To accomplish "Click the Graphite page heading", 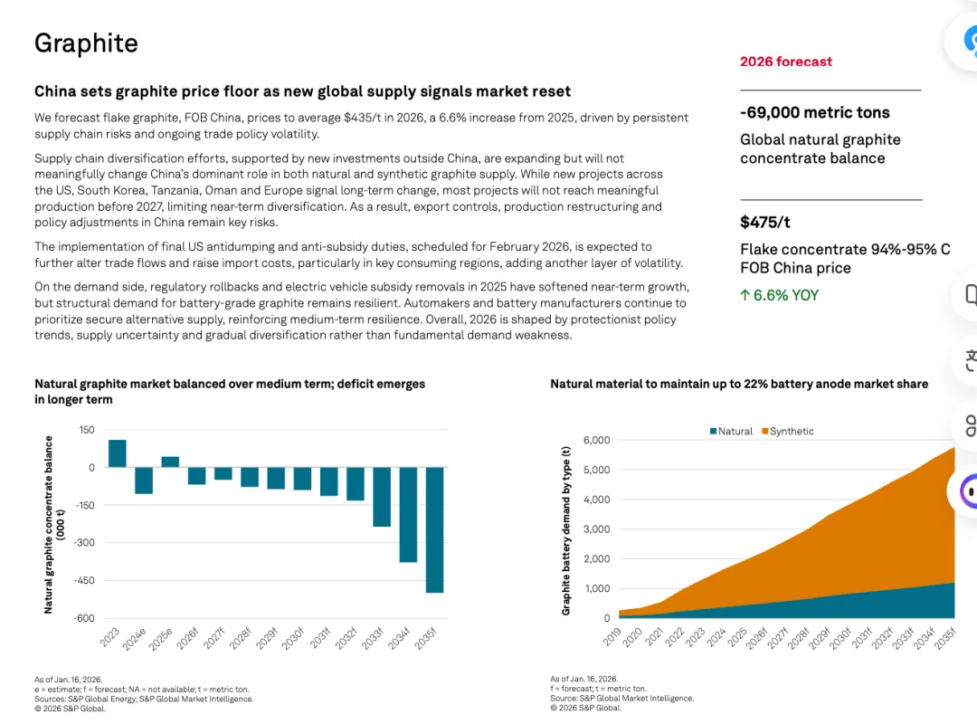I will click(x=86, y=43).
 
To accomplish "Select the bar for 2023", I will click(x=118, y=453).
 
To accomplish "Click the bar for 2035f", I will click(x=434, y=529).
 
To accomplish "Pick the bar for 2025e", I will click(x=170, y=462).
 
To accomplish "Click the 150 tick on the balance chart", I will click(x=86, y=430).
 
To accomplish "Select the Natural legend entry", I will click(x=731, y=432).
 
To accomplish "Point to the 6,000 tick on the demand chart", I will click(x=597, y=441).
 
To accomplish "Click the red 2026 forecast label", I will click(x=785, y=62).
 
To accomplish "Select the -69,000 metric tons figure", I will click(x=814, y=112).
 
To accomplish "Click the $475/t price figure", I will click(x=765, y=222).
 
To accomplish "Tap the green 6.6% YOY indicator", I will click(x=779, y=295).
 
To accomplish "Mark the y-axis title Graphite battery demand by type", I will click(x=566, y=530).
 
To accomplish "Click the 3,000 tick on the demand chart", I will click(x=597, y=529).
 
